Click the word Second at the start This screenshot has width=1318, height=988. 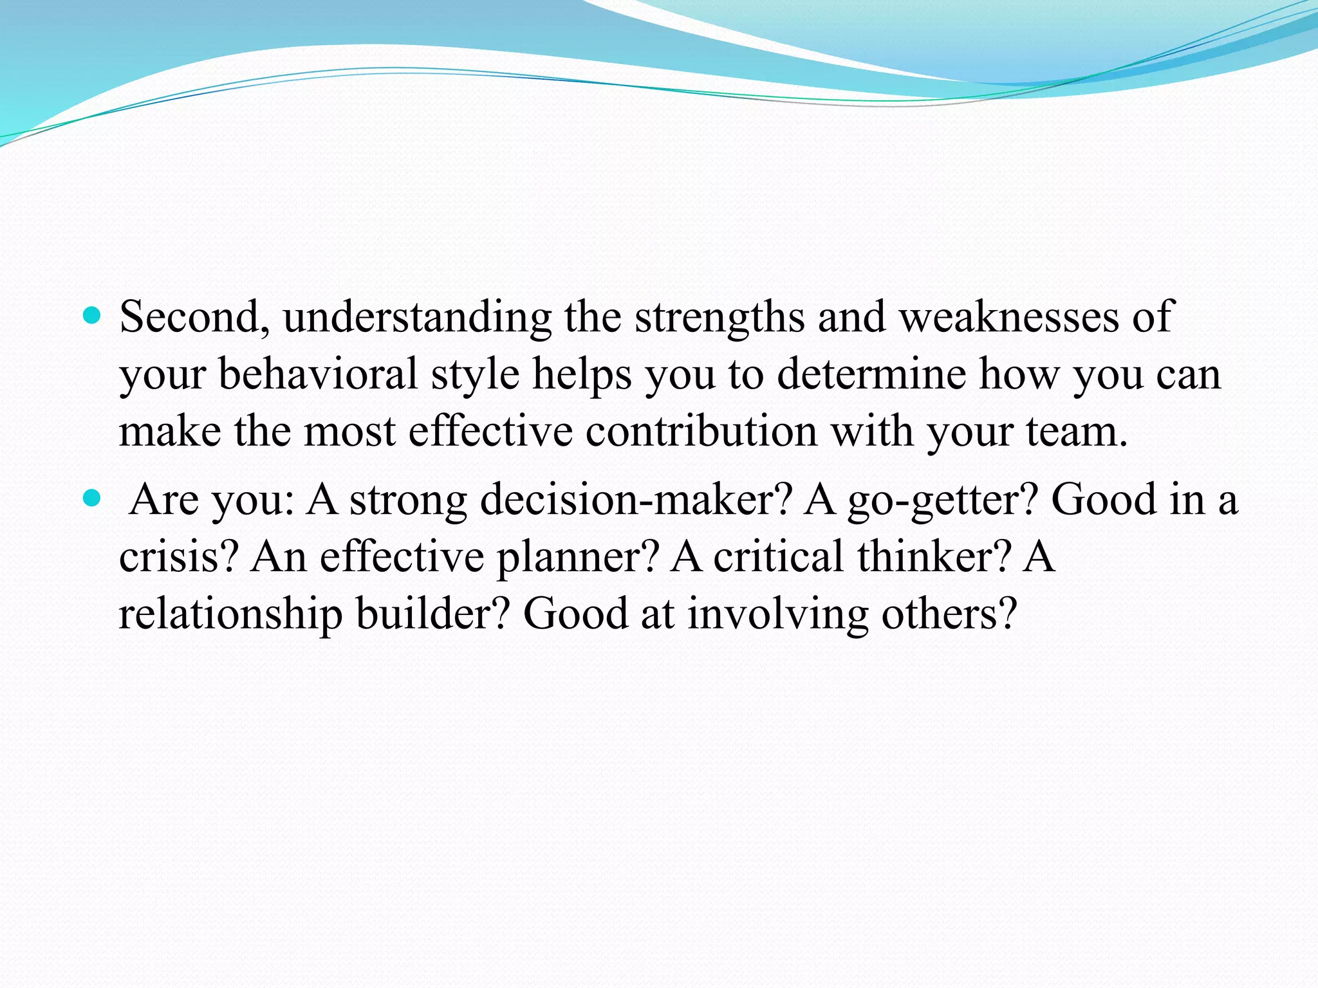point(190,317)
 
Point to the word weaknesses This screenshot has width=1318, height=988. point(1008,317)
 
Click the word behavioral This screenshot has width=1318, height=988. point(319,374)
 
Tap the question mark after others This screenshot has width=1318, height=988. point(1007,613)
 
